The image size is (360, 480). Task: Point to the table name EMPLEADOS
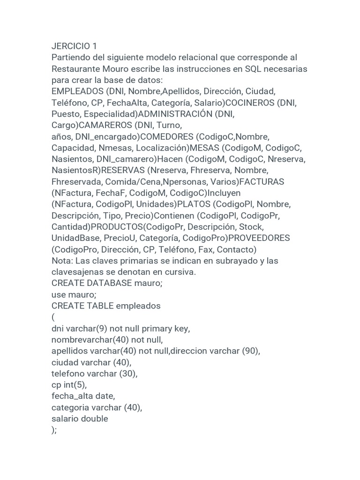(77, 91)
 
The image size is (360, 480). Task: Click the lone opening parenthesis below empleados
(53, 317)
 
